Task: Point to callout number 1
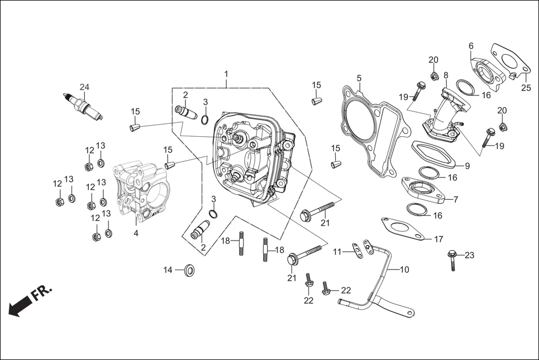click(x=226, y=74)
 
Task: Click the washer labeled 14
click(x=189, y=271)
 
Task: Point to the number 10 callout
click(x=404, y=270)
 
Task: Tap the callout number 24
click(x=84, y=87)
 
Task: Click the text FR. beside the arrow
click(x=42, y=294)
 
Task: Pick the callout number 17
click(x=438, y=239)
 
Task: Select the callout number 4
click(x=136, y=233)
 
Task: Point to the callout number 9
click(x=468, y=166)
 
